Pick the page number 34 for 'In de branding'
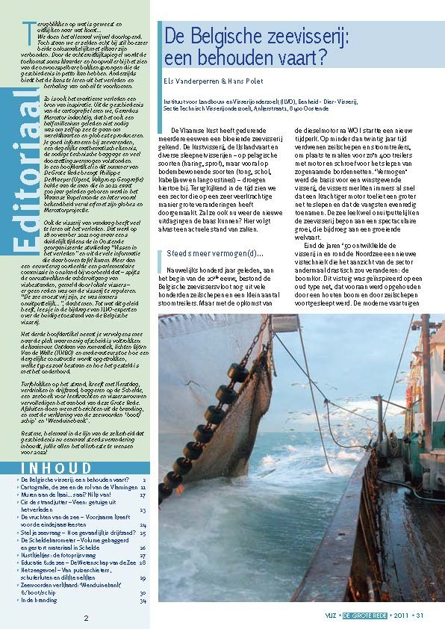click(x=143, y=600)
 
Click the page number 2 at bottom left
click(x=86, y=618)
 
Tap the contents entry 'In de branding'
click(x=39, y=600)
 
